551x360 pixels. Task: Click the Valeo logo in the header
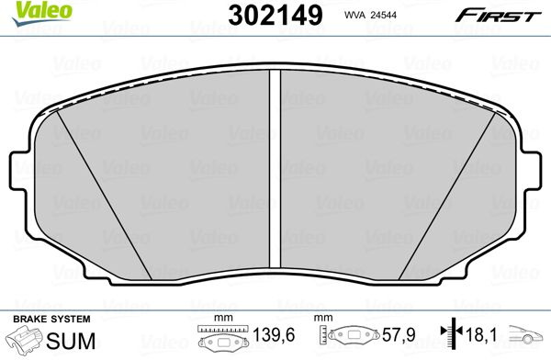click(x=41, y=14)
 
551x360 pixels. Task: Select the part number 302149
click(x=275, y=16)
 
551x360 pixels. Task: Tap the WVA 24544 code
click(x=370, y=15)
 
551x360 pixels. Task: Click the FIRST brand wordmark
click(x=498, y=16)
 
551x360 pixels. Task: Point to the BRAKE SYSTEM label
click(x=51, y=320)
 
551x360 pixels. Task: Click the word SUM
click(x=71, y=341)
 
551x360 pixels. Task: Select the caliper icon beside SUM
click(x=27, y=339)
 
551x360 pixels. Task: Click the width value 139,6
click(x=274, y=335)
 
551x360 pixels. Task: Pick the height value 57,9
click(x=399, y=335)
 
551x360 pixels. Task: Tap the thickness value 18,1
click(x=481, y=335)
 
